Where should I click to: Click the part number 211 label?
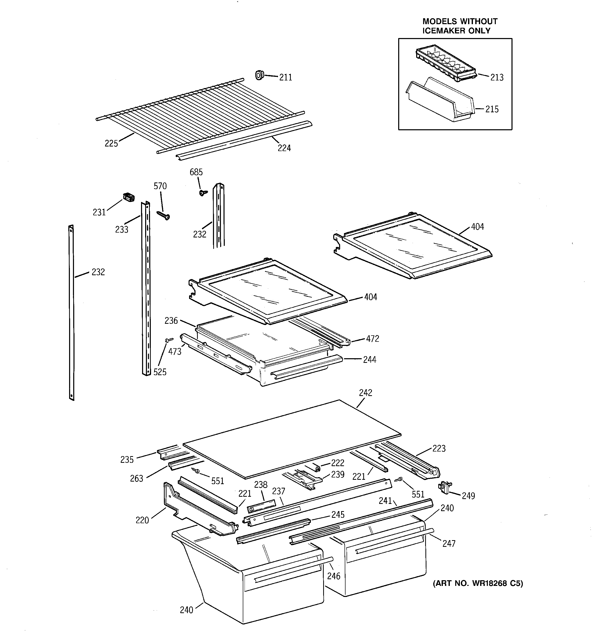click(x=285, y=77)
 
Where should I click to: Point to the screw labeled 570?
click(x=163, y=215)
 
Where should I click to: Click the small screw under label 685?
click(x=202, y=192)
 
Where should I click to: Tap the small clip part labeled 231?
click(x=129, y=197)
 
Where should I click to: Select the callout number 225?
click(x=111, y=143)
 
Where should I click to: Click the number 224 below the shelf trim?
click(x=284, y=148)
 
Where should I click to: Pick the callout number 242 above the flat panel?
click(x=365, y=393)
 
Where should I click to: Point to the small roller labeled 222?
click(x=317, y=468)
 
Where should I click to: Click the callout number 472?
click(x=372, y=338)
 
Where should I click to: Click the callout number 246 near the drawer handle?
click(x=333, y=576)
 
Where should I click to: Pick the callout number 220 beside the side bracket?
click(x=142, y=520)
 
